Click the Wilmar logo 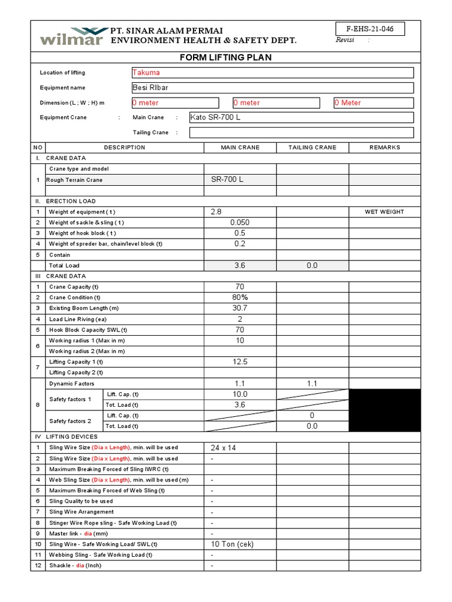point(70,36)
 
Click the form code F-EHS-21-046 point(370,29)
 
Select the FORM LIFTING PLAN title point(225,58)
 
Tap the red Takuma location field point(272,73)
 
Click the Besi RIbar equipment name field point(272,88)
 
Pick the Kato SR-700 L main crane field point(301,118)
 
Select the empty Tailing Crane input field point(301,133)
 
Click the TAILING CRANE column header point(313,148)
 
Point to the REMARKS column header point(384,148)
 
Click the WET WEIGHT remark point(384,212)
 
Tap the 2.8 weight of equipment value point(216,212)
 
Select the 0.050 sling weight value point(240,223)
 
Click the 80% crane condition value point(240,297)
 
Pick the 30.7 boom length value point(240,308)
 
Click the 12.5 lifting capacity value point(240,362)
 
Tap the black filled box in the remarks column point(385,410)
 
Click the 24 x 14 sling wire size point(223,448)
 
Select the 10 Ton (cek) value point(232,544)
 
